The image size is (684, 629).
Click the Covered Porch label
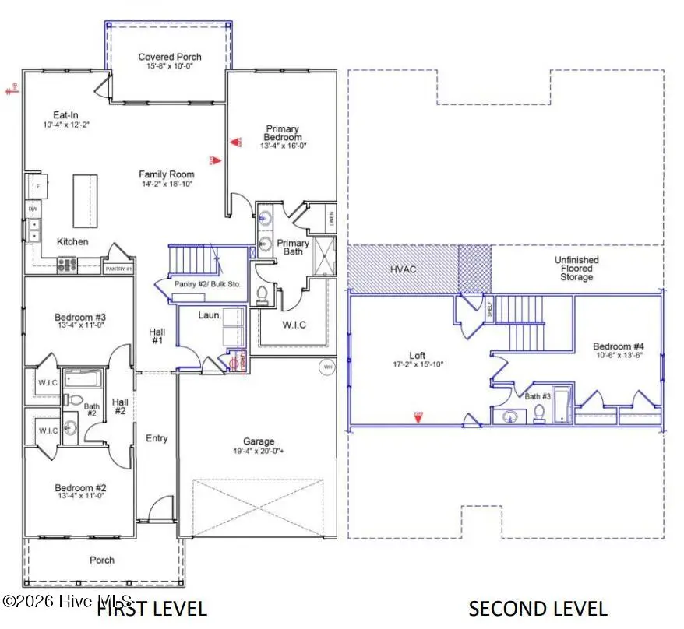170,57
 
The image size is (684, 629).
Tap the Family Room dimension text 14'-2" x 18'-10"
165,184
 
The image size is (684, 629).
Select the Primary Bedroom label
282,133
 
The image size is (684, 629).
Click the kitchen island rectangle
86,199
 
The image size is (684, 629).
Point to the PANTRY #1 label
118,269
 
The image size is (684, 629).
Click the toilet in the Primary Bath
263,294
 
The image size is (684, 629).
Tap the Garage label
258,441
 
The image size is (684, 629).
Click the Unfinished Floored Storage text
576,269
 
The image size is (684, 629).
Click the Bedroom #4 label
618,346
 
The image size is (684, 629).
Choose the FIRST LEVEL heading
152,608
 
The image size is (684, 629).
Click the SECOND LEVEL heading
538,608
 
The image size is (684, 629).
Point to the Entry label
157,438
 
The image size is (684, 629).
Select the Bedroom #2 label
80,488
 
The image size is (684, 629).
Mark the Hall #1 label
157,336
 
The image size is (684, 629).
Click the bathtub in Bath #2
82,379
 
